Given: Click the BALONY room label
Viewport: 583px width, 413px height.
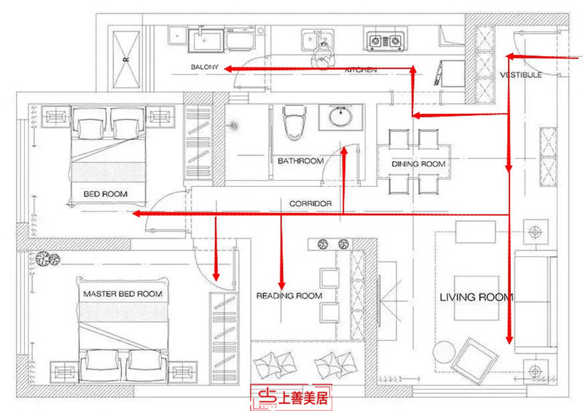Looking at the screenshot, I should (x=205, y=68).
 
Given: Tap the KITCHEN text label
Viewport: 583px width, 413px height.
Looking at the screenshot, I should (x=361, y=69).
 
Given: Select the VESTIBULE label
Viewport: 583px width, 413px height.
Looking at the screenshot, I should (x=520, y=75).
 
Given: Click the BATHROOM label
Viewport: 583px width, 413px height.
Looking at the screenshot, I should (x=300, y=161).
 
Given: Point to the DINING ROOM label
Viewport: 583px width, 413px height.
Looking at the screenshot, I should (x=418, y=164).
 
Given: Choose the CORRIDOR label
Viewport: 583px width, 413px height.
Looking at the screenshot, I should (x=311, y=204).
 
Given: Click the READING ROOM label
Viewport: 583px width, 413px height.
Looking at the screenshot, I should (x=289, y=296).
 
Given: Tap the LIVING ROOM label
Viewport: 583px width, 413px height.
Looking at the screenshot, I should (x=476, y=297).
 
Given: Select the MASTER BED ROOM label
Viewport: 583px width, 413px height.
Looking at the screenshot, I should (x=122, y=293).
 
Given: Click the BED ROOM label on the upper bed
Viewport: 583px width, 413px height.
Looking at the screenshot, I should (x=106, y=193).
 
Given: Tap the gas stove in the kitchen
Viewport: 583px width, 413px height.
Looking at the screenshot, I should (x=385, y=41).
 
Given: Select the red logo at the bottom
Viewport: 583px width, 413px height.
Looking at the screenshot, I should (x=291, y=398).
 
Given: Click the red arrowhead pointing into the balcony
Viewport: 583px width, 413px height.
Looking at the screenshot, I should (x=228, y=69).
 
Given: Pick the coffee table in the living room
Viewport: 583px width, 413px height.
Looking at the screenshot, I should (x=477, y=297).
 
